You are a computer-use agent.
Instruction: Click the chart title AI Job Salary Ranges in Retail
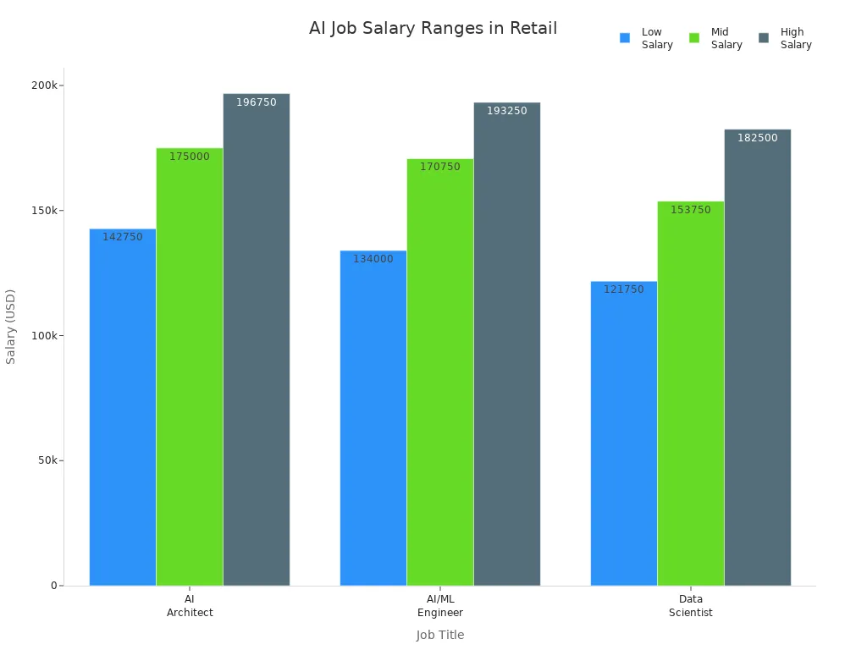[x=433, y=28]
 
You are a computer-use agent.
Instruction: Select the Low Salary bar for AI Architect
[x=123, y=406]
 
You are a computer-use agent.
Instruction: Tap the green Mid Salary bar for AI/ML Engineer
[x=440, y=372]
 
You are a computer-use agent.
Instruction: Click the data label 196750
[x=257, y=102]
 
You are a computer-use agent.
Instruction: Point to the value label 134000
[x=373, y=259]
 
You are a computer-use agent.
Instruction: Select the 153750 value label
[x=691, y=210]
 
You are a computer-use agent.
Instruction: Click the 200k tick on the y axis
[x=44, y=85]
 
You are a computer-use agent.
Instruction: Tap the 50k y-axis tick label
[x=47, y=460]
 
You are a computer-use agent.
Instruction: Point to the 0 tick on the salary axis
[x=53, y=586]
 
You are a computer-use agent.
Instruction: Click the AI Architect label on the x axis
[x=190, y=606]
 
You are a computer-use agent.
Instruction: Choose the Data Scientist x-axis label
[x=691, y=606]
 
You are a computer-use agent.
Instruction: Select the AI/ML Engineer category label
[x=440, y=606]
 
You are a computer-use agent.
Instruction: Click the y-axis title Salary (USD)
[x=11, y=327]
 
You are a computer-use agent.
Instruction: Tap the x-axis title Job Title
[x=440, y=635]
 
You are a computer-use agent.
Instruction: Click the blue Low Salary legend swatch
[x=625, y=38]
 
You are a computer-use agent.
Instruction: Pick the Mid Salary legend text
[x=726, y=38]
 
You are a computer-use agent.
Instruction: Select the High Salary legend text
[x=796, y=38]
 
